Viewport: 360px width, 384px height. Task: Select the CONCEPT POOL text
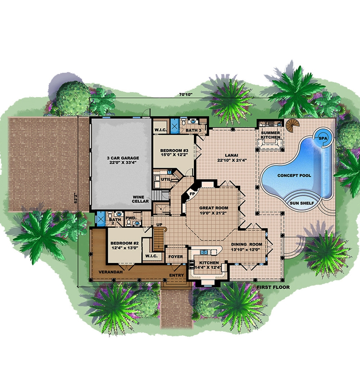294,175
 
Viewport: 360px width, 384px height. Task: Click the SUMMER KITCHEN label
270,135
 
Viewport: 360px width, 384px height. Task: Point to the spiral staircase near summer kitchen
292,126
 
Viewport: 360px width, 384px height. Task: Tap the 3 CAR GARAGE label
122,160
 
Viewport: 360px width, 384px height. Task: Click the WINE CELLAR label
141,199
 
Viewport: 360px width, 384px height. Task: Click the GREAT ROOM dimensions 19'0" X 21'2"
213,213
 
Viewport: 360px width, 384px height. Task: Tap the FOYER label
176,257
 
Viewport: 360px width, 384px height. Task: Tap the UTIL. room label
166,179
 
